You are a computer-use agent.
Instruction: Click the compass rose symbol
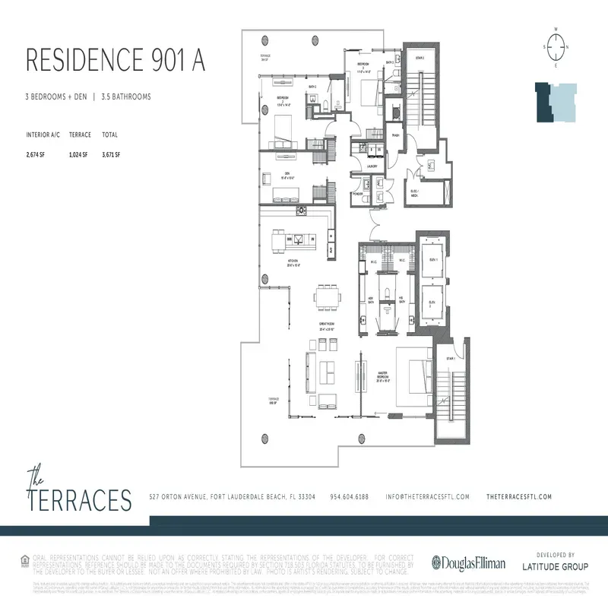click(556, 46)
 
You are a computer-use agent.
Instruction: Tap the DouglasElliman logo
click(464, 563)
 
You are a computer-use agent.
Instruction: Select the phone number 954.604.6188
click(350, 496)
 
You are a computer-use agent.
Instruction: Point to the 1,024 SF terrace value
click(80, 154)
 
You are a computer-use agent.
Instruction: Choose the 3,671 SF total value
click(110, 154)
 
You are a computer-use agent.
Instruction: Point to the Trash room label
click(396, 136)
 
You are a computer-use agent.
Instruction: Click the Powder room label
click(358, 194)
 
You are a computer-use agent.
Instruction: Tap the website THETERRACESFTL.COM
click(518, 496)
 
